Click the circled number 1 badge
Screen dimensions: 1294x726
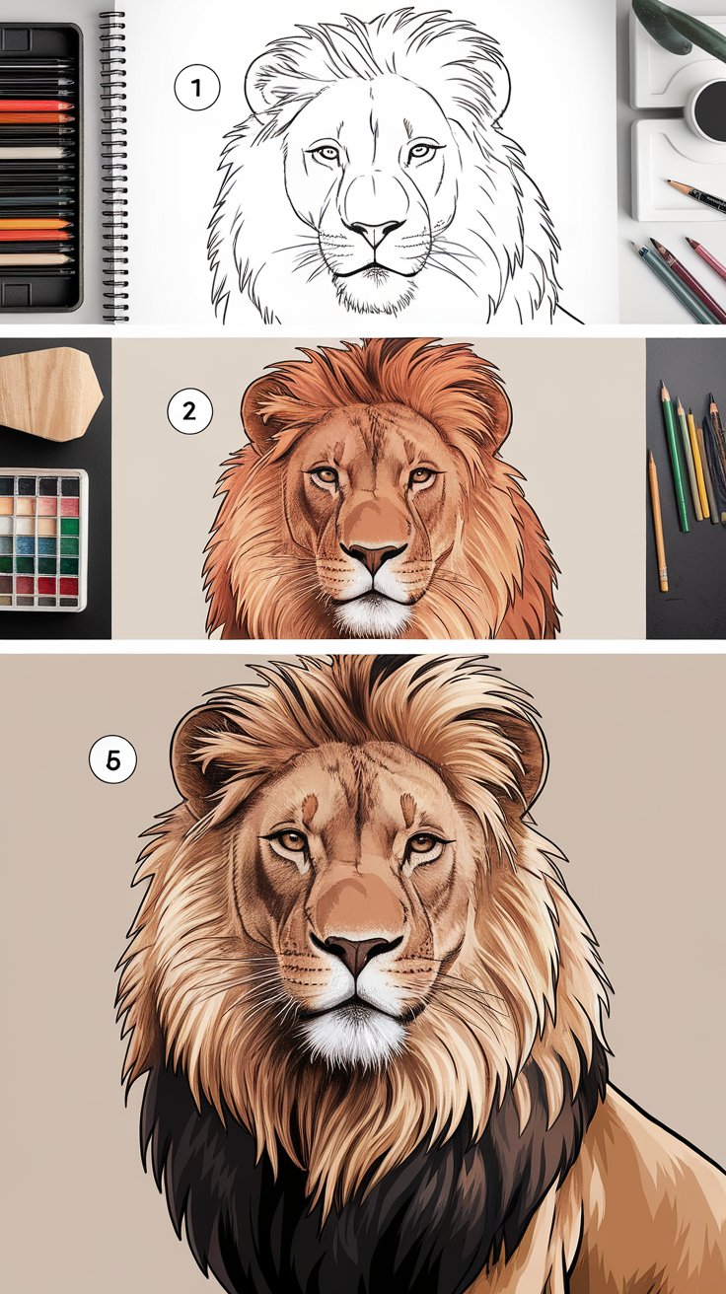point(195,89)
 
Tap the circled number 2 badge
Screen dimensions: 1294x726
point(190,411)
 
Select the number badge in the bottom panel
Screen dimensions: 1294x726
point(112,760)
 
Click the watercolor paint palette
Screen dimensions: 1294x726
point(43,539)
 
